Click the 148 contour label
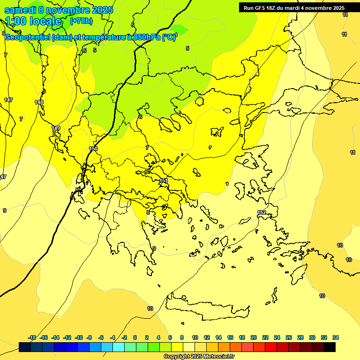coord(39,102)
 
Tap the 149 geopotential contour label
coord(56,128)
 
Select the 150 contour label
coord(93,149)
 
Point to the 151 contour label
coord(163,180)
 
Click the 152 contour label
coord(262,212)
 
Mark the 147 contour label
coord(8,100)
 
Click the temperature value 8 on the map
coord(148,212)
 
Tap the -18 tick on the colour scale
coord(32,337)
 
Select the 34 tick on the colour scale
coord(336,337)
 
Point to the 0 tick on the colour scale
coord(135,337)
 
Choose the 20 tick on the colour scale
coord(254,337)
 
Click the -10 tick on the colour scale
coord(79,337)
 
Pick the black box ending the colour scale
coord(330,347)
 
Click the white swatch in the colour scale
coord(189,347)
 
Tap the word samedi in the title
coord(19,9)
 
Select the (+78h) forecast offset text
coord(81,21)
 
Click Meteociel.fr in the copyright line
coord(213,357)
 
